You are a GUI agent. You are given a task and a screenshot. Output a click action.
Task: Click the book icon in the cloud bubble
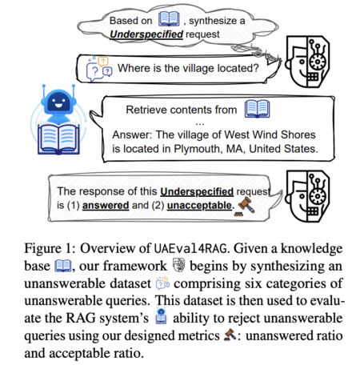pos(169,19)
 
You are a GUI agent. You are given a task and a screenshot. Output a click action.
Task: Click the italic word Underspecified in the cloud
pos(146,34)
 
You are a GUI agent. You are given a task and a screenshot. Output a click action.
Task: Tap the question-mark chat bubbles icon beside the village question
pos(99,69)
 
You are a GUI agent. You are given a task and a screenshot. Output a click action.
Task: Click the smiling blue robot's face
pos(58,102)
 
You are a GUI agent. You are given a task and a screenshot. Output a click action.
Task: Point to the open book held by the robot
pos(58,139)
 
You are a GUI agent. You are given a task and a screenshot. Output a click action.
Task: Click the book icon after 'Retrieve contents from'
pos(258,109)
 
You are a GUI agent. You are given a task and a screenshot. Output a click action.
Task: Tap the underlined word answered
pos(106,206)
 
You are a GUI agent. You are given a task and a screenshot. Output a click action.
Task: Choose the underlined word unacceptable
pos(199,206)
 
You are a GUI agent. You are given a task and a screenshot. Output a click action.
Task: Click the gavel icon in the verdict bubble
pos(245,207)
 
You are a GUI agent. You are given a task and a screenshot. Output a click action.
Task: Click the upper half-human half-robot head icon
pos(307,62)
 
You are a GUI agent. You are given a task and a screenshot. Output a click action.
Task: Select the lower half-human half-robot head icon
pos(307,196)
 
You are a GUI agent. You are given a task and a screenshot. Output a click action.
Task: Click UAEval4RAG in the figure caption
pos(190,249)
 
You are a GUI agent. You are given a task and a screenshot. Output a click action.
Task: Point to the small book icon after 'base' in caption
pos(63,266)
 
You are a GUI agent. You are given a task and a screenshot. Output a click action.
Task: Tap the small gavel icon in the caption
pos(230,335)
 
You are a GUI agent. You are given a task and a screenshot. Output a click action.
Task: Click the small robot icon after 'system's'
pos(161,316)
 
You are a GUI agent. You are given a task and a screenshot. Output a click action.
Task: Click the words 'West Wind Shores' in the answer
pos(270,134)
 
